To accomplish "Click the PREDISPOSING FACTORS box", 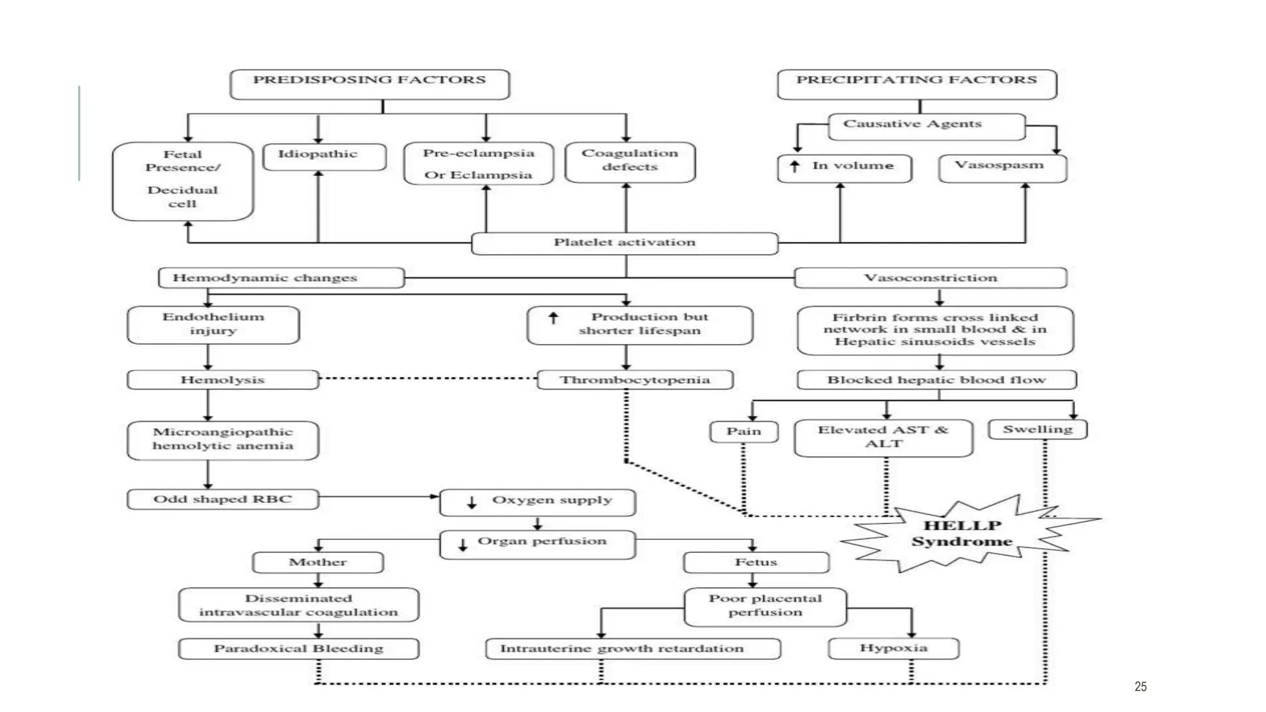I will [370, 84].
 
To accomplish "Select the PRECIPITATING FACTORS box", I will [917, 84].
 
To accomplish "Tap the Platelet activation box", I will [624, 243].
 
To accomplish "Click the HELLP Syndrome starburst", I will [962, 533].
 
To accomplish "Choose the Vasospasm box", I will [1002, 167].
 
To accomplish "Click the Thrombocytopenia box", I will [635, 379].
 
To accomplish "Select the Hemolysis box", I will [223, 379].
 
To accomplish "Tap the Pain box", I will [744, 431].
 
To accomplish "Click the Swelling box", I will [1037, 429].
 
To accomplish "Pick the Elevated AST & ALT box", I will [883, 438].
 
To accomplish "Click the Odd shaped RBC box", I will [223, 499].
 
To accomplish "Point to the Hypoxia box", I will [893, 648].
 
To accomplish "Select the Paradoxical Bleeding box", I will [299, 648].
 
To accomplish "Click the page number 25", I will [1141, 687].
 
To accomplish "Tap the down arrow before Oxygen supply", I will [472, 502].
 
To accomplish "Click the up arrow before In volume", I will [795, 166].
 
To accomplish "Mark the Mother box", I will [318, 562].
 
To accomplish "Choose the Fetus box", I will [755, 562].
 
